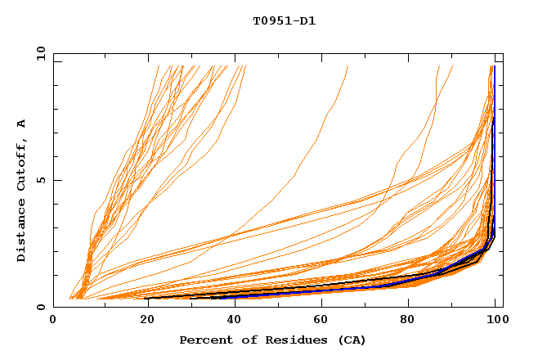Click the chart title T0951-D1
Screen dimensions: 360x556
coord(284,20)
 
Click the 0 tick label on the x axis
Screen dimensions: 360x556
coord(53,320)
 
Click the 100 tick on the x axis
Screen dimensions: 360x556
coord(496,320)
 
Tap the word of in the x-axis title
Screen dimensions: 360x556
coord(242,340)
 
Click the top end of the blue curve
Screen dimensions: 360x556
coord(494,67)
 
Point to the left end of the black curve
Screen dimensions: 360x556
coord(146,299)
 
